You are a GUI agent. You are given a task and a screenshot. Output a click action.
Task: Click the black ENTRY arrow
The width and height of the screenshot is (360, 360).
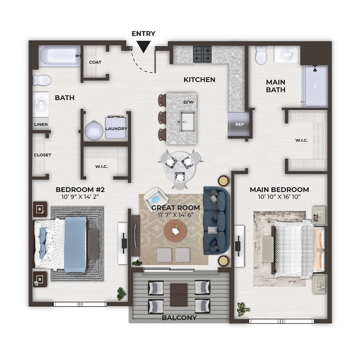pos(144,46)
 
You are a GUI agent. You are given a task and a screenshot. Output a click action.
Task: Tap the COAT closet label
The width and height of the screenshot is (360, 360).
pos(95,62)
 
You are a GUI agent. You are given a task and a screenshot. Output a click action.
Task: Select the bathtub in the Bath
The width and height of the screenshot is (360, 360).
pos(59,56)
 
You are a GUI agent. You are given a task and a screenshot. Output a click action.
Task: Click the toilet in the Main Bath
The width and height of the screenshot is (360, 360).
pos(261,55)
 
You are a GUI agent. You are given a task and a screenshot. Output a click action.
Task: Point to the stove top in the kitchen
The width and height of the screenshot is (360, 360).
pos(202,54)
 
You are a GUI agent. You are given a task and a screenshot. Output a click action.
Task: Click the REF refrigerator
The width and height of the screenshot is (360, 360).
pos(239,124)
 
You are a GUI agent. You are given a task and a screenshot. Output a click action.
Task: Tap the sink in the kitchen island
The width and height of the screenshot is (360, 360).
pos(188,122)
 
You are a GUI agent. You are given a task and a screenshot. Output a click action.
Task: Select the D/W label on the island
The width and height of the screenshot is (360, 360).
pos(189,102)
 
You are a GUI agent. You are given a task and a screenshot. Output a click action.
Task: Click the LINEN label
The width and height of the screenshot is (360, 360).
pos(41,125)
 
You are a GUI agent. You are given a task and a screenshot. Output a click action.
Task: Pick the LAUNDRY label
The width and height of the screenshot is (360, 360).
pos(116,129)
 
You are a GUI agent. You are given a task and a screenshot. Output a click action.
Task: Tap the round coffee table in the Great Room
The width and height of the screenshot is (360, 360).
pos(175,230)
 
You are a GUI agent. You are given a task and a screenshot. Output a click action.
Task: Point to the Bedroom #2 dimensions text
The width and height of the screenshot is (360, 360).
pos(80,197)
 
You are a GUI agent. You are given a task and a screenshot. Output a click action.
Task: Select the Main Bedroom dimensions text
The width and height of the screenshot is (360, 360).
pos(279,197)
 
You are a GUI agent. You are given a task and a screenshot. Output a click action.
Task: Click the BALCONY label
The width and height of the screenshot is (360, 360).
pos(179,318)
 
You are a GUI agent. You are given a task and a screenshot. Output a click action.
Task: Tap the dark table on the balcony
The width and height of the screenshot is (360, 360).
pos(179,295)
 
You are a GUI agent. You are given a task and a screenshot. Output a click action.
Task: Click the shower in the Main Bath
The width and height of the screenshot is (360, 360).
pos(315,86)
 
